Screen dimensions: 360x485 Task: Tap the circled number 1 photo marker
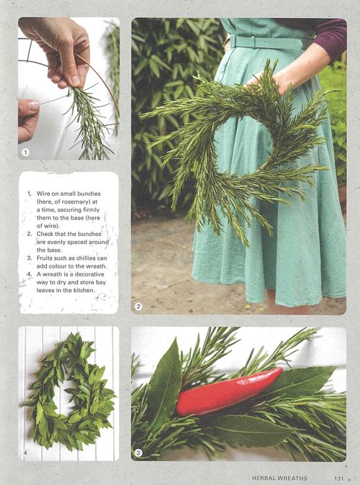(25, 152)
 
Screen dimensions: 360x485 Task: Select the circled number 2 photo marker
(138, 307)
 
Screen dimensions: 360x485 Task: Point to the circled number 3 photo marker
(138, 453)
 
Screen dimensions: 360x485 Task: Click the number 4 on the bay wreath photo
(25, 453)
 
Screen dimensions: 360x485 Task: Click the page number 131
(339, 479)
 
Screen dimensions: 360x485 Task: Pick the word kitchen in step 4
(83, 290)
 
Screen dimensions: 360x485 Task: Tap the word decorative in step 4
(90, 274)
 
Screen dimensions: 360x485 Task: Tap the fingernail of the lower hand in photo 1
(34, 106)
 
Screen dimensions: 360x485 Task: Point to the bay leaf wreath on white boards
(69, 392)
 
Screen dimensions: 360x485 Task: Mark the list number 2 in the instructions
(30, 234)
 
